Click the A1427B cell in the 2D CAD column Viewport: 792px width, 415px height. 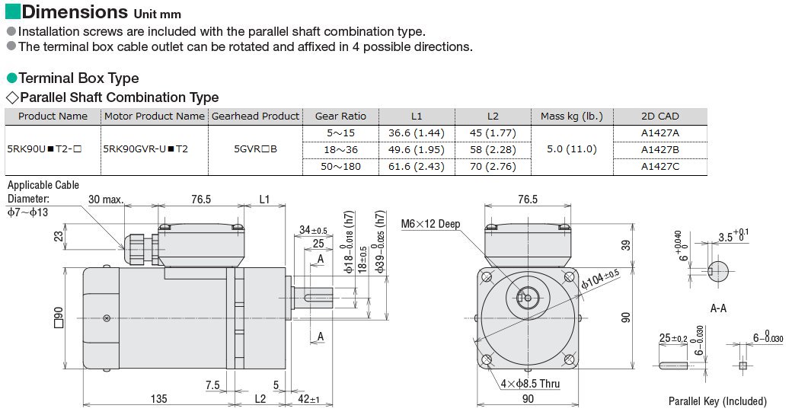tap(659, 149)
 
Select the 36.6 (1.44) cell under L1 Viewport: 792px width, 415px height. tap(417, 132)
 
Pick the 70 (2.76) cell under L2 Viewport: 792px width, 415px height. tap(493, 166)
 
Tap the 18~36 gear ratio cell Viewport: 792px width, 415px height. tap(340, 149)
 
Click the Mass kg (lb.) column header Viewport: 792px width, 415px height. tap(572, 116)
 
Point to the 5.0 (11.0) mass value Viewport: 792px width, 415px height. tap(572, 149)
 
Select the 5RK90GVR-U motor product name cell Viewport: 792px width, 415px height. tap(145, 149)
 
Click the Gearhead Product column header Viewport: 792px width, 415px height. tap(255, 116)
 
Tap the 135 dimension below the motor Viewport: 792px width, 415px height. tap(158, 399)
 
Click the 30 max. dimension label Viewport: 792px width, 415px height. tap(106, 200)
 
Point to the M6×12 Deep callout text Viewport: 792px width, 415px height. tap(430, 223)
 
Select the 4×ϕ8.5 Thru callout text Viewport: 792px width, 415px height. tap(530, 384)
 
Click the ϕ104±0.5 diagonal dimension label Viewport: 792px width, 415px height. tap(600, 279)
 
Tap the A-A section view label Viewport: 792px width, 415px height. tap(717, 308)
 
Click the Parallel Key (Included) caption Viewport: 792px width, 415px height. tap(717, 401)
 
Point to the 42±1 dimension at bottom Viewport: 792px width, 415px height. tap(308, 399)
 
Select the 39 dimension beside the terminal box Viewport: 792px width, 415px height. tap(625, 245)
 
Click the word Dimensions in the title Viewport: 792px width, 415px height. tap(75, 11)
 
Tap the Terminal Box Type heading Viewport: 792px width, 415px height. tap(78, 78)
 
